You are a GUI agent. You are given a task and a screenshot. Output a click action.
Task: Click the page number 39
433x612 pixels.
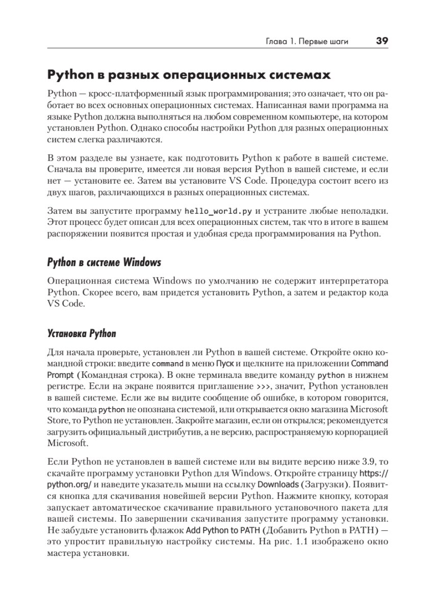382,41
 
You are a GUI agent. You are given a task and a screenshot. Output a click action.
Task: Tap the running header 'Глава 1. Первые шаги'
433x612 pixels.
307,42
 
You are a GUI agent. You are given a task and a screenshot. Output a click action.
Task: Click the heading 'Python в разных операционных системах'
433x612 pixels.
189,75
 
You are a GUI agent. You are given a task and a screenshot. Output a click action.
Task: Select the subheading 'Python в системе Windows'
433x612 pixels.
104,263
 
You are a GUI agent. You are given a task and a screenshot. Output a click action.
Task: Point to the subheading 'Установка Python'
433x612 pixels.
82,335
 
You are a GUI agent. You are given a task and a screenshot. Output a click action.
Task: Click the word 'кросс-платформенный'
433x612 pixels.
126,94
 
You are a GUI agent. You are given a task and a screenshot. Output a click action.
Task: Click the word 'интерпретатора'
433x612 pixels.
351,281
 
